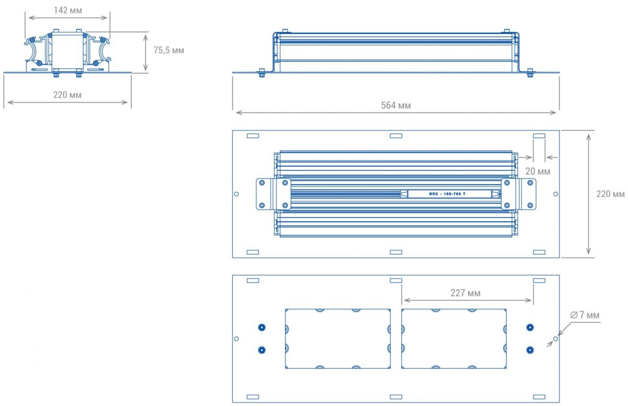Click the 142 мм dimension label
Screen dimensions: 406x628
tap(68, 10)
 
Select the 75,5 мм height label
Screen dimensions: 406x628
tap(169, 50)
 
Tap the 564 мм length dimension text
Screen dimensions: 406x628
tap(396, 105)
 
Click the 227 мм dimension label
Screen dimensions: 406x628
tap(465, 293)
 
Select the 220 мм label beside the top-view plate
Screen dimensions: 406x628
tap(611, 193)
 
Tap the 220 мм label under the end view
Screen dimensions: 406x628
tap(68, 95)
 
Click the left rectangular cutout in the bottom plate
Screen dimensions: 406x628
tap(338, 338)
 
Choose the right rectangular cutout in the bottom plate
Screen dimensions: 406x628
tap(454, 338)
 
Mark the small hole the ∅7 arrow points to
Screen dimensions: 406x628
tap(556, 339)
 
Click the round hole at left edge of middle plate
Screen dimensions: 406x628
tap(236, 194)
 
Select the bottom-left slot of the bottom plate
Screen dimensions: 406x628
tap(253, 397)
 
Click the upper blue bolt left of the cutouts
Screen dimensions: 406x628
tap(262, 328)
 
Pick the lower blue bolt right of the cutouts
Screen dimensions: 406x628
tap(530, 350)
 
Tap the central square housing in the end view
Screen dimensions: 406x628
tap(67, 51)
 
